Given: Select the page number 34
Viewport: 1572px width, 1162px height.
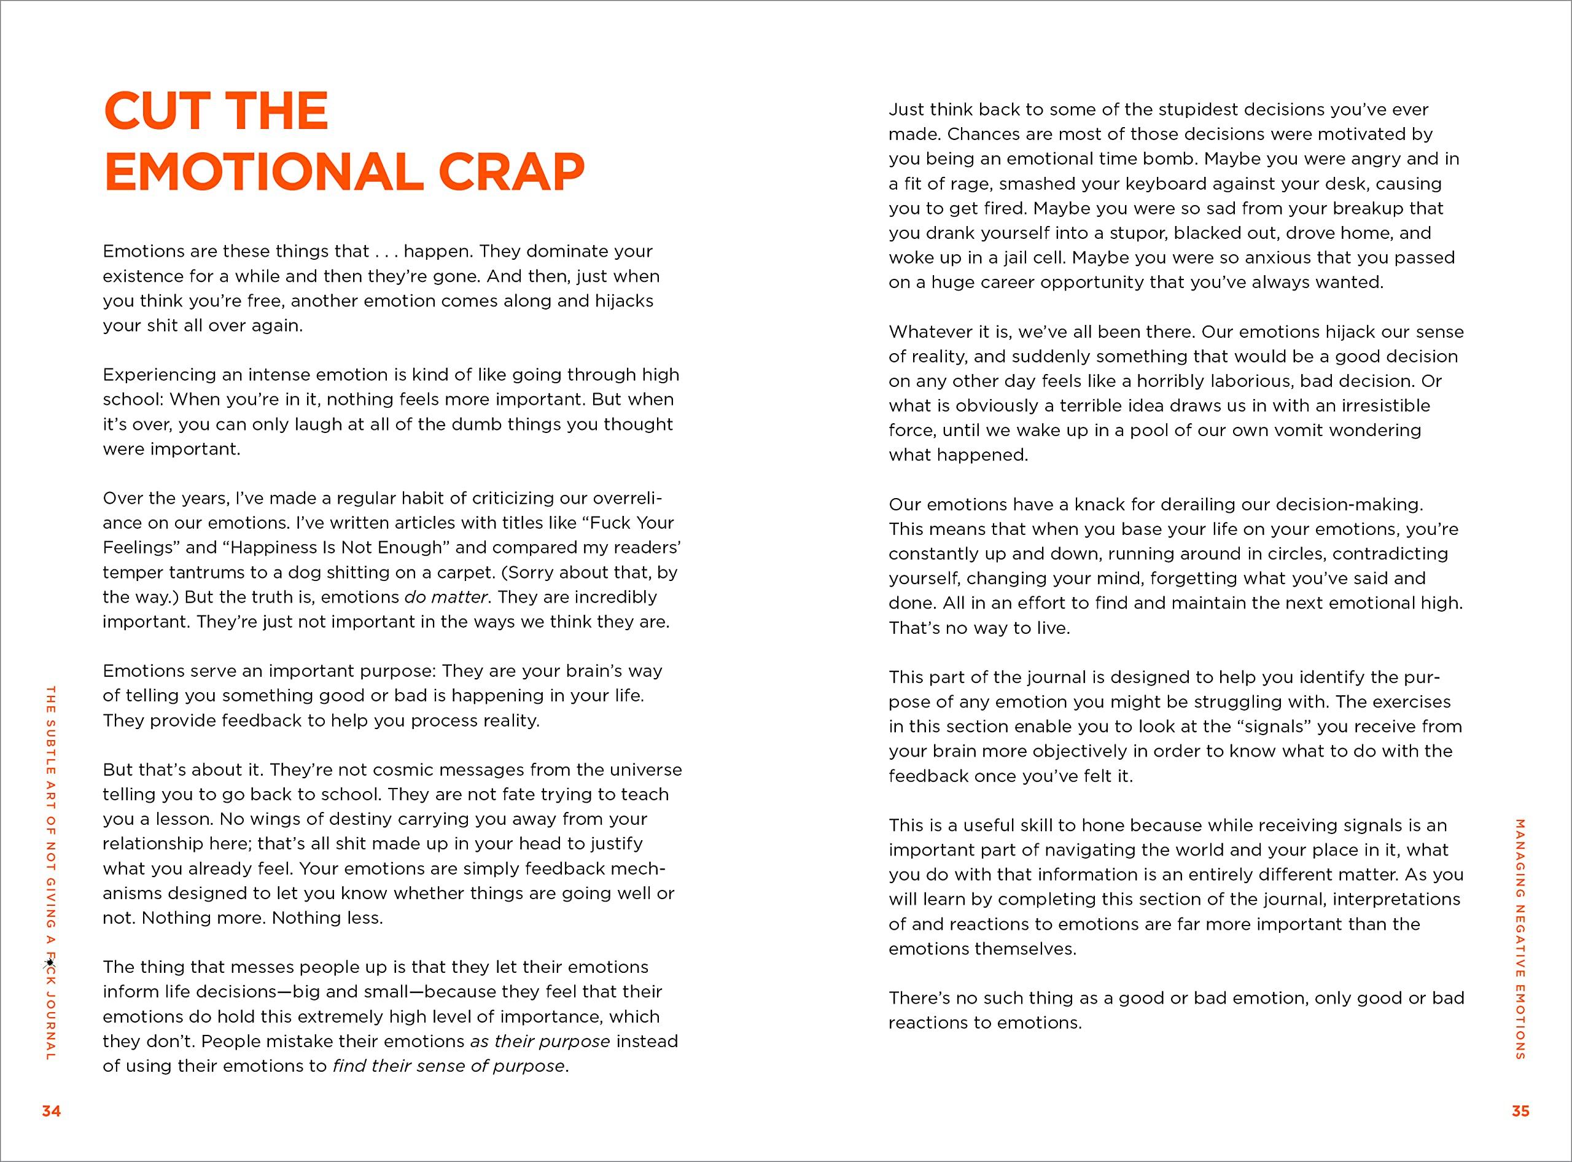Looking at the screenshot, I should point(52,1112).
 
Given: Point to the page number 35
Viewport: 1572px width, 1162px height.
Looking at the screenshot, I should point(1520,1112).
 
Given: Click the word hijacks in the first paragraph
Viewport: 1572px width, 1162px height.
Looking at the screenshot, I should point(625,301).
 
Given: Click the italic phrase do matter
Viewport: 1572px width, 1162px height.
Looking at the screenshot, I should point(446,597).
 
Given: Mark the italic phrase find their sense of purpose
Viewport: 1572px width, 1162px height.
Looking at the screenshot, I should point(449,1066).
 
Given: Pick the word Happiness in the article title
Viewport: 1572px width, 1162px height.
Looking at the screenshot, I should point(281,548).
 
